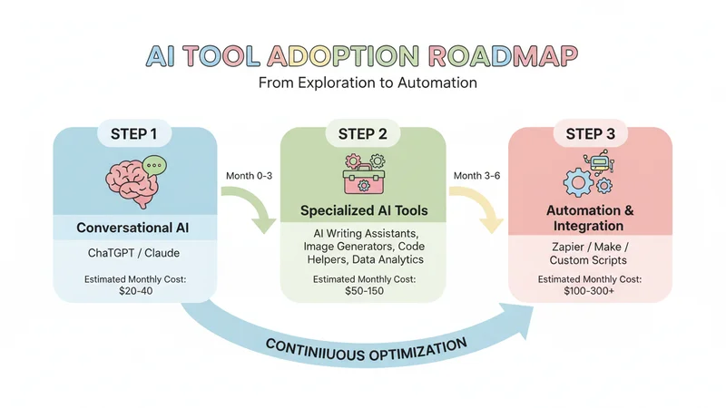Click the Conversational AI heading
pyautogui.click(x=134, y=227)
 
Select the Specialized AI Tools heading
pyautogui.click(x=363, y=211)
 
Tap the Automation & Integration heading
pyautogui.click(x=591, y=218)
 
